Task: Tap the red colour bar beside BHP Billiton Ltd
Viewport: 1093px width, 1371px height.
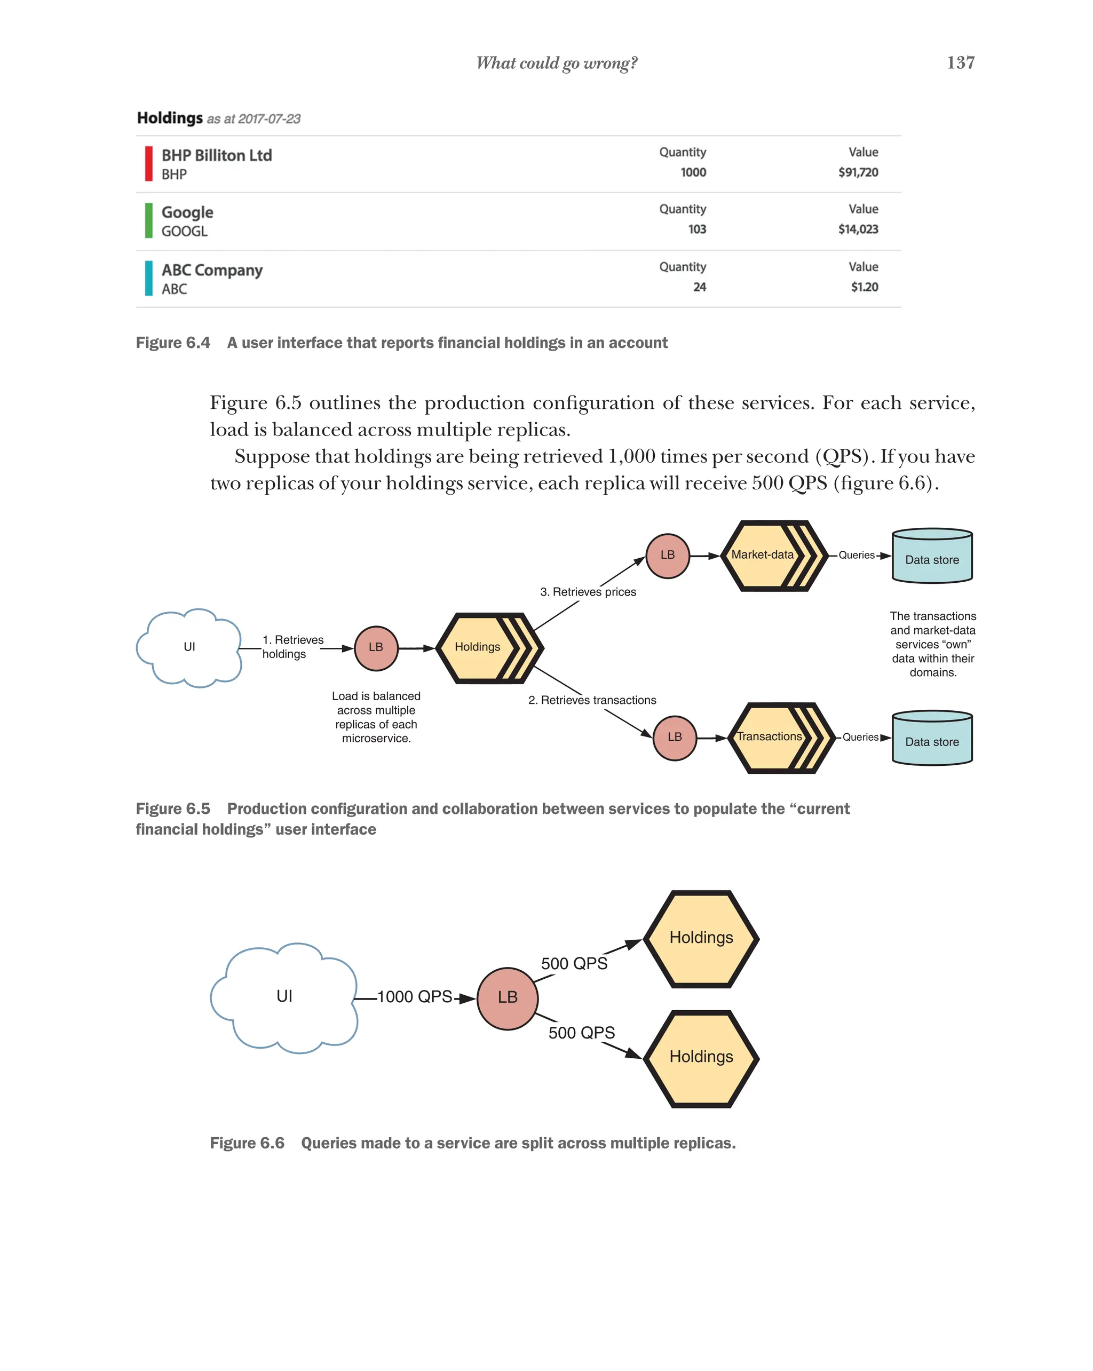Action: [149, 164]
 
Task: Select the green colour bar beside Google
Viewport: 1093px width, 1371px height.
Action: [149, 220]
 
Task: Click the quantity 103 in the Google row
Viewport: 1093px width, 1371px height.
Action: [696, 229]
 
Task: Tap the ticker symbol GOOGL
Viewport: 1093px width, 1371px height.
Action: [185, 232]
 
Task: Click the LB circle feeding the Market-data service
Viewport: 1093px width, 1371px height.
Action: [667, 555]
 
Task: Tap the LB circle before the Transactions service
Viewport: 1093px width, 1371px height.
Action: [674, 737]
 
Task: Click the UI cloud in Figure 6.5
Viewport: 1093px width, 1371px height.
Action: [189, 647]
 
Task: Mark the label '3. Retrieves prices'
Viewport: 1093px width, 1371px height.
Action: [588, 592]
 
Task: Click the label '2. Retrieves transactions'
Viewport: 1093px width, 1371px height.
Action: [592, 700]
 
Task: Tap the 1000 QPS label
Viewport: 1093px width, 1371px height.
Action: [415, 996]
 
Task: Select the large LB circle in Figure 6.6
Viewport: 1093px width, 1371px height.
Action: [508, 998]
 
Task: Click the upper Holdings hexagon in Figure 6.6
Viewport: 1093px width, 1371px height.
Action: [701, 938]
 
